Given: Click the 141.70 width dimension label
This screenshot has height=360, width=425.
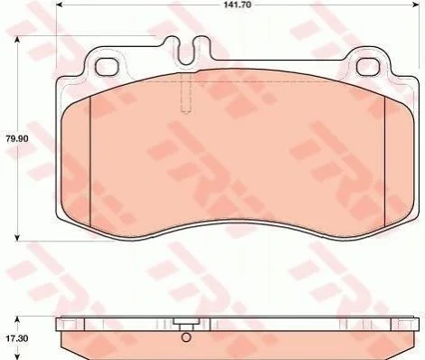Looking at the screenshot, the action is [238, 5].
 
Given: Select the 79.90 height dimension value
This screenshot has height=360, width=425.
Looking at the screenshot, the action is [17, 138].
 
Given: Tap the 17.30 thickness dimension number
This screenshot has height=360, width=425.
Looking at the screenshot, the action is [17, 338].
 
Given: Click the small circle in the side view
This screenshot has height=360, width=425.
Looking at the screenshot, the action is [186, 337].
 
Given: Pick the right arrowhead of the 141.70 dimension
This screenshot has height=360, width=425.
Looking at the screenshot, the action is [415, 5].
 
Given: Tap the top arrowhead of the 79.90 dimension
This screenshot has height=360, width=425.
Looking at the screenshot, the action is [17, 40].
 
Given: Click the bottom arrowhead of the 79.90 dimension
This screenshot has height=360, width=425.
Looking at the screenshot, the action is [17, 237].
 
